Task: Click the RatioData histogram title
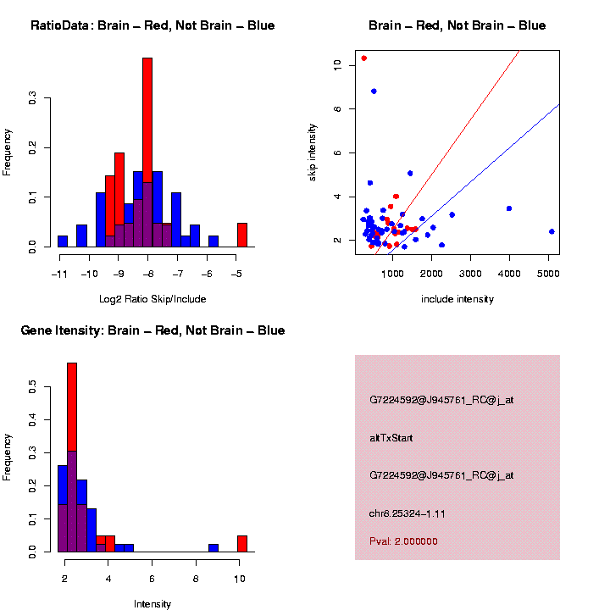(152, 25)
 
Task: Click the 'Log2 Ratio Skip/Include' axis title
(152, 299)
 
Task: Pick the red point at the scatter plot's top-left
(363, 58)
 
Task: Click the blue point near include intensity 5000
(552, 231)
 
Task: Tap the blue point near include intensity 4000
(509, 208)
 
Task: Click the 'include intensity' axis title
(457, 299)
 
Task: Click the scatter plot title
(457, 25)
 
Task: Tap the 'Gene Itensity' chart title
(152, 330)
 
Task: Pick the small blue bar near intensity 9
(213, 547)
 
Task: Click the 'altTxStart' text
(391, 438)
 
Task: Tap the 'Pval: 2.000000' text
(403, 541)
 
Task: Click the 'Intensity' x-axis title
(152, 604)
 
